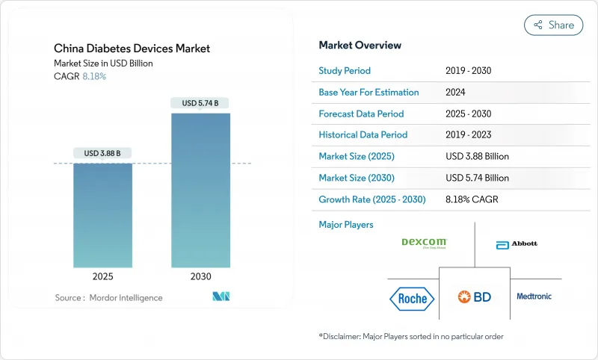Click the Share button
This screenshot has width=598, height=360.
pos(554,25)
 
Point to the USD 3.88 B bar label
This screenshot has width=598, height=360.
pos(102,153)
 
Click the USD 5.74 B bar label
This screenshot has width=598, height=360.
pos(200,103)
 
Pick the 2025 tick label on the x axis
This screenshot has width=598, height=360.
pos(102,276)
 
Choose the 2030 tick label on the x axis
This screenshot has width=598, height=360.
pos(200,276)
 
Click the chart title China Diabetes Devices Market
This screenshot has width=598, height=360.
pos(132,49)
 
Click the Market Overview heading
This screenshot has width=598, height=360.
pos(360,46)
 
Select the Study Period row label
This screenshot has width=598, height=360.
pos(345,71)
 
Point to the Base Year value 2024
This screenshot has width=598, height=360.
pos(455,93)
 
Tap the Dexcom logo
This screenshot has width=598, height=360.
pos(424,242)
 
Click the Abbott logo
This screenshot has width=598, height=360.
pos(517,243)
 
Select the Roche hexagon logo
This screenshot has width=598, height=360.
pos(412,299)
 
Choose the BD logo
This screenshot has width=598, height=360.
pos(475,297)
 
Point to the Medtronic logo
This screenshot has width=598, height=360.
pos(534,297)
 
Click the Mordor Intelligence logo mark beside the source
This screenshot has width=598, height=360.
pos(221,297)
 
